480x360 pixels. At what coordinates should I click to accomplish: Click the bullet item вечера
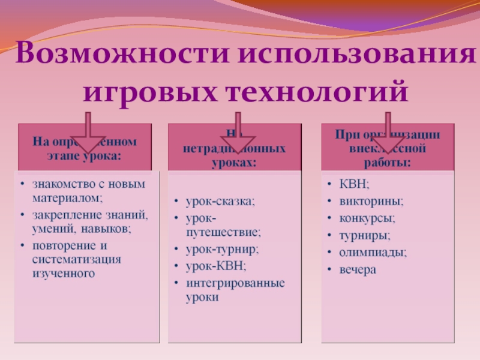coord(358,269)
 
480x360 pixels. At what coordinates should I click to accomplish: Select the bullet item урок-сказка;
coord(220,201)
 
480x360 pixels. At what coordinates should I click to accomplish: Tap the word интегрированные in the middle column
coord(235,282)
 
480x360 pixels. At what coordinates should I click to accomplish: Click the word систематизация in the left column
coord(77,259)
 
